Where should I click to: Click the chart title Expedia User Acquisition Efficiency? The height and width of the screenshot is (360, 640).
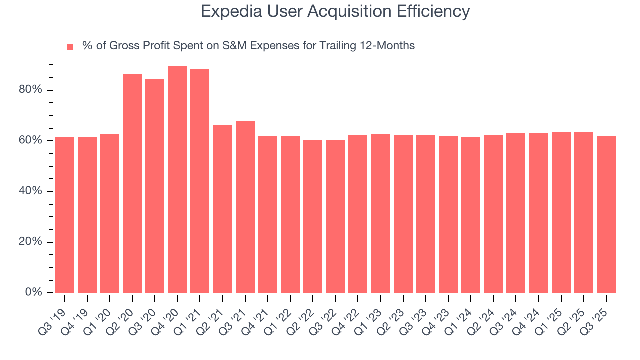tap(335, 11)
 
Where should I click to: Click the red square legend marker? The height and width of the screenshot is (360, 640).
tap(70, 46)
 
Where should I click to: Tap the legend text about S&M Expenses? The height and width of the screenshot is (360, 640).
tap(248, 46)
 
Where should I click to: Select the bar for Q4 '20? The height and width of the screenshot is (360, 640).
tap(177, 180)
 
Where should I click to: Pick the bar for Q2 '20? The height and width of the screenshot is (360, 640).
tap(132, 183)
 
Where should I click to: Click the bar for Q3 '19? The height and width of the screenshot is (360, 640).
tap(64, 215)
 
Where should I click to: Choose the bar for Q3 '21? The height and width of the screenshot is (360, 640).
tap(245, 207)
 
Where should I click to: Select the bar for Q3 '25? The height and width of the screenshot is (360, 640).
tap(606, 214)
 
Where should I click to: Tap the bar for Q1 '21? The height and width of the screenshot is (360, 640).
tap(200, 181)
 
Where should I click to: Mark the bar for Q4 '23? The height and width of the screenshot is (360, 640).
tap(448, 214)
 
